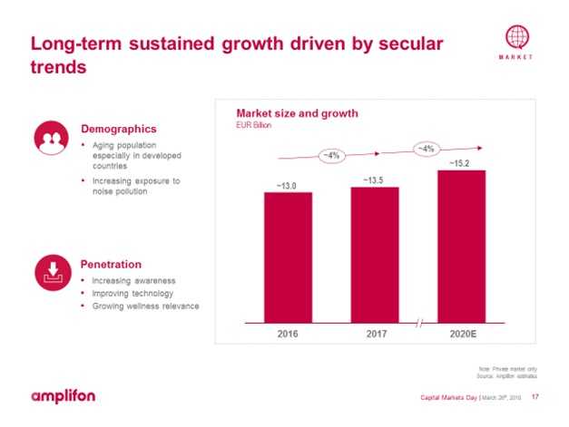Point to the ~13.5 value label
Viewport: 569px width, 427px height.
tap(374, 180)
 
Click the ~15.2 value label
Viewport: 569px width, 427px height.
tap(461, 163)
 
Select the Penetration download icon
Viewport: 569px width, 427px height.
tap(51, 269)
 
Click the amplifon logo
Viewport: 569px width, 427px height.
tap(63, 396)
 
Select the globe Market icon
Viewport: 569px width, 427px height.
tap(516, 39)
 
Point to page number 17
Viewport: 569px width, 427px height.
tap(535, 397)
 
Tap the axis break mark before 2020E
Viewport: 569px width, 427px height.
tap(418, 325)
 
